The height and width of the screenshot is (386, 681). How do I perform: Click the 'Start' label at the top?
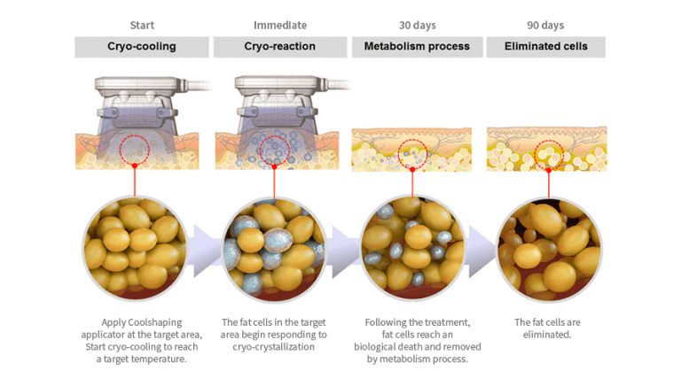tap(142, 26)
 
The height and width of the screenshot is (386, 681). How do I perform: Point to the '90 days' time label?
tap(545, 26)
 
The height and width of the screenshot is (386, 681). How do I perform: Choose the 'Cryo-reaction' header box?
tap(279, 47)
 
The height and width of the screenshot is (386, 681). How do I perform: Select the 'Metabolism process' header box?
tap(417, 47)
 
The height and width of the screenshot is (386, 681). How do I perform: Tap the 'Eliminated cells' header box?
tap(545, 47)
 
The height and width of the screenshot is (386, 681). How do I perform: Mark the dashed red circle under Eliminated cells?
tap(549, 152)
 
